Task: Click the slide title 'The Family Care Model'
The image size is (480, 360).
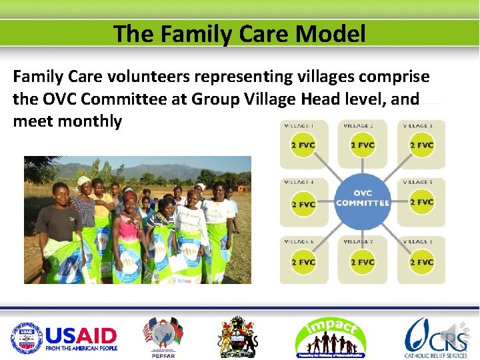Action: (x=239, y=33)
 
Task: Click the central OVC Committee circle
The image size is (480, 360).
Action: (x=363, y=198)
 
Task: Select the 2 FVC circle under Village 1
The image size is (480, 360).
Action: (x=303, y=145)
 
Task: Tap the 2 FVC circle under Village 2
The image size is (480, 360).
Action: (x=362, y=145)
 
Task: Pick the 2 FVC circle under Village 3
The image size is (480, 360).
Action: (x=421, y=145)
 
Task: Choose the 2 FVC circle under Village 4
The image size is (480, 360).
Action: (x=303, y=203)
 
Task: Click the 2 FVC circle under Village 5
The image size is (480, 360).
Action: (x=421, y=202)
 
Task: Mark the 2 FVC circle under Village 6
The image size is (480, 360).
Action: (x=303, y=262)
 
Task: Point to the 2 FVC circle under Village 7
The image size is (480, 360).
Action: (x=362, y=262)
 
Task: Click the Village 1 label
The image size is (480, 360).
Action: (x=299, y=125)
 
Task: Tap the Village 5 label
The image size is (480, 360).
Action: (x=417, y=182)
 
